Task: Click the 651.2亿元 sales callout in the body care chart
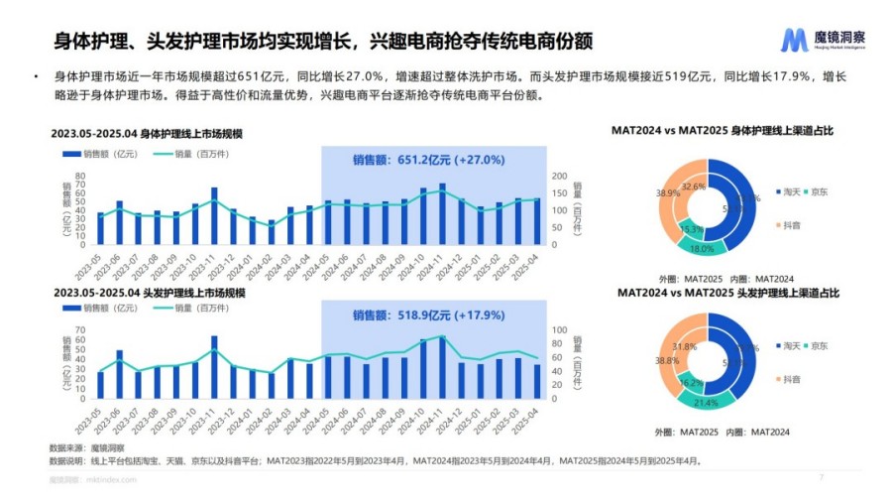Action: click(429, 159)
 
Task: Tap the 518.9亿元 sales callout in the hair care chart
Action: click(429, 315)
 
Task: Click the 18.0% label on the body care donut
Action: click(701, 249)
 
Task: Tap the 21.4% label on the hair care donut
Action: click(705, 402)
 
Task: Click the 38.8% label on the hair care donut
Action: click(667, 362)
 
